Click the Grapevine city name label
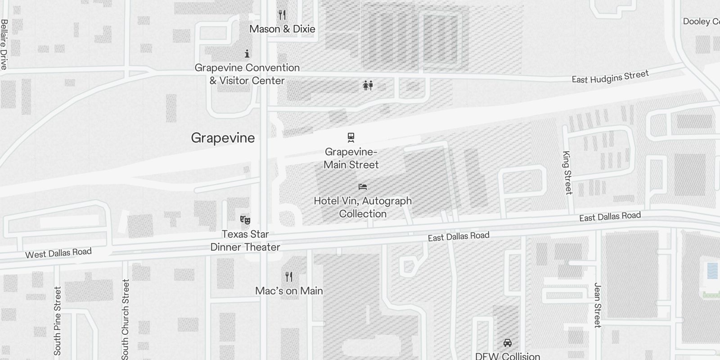223,138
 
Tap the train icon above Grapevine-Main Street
351,137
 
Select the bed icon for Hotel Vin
363,186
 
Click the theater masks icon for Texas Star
245,220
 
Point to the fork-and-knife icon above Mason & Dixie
282,15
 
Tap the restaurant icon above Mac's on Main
289,276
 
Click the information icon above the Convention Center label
247,54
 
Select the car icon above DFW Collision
508,343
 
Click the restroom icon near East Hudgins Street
368,85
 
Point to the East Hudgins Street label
610,76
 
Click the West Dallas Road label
58,253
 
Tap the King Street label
567,172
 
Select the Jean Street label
598,305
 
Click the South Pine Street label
58,321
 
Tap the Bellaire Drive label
4,44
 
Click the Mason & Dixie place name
282,29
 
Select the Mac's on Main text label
289,291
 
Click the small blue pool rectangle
712,270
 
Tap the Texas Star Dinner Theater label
245,241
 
